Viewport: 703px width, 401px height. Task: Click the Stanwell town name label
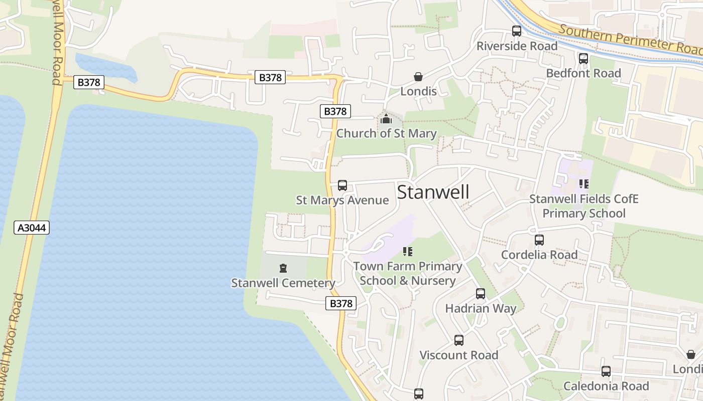click(433, 192)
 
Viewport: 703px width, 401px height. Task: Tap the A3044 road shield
click(32, 228)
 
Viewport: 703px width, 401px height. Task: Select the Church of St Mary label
click(386, 133)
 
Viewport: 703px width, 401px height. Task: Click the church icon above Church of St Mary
click(386, 119)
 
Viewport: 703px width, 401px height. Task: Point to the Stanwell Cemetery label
click(283, 283)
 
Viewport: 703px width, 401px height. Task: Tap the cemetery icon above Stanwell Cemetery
click(283, 268)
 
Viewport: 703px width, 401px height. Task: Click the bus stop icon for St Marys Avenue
click(342, 185)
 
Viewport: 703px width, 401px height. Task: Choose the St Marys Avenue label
click(342, 200)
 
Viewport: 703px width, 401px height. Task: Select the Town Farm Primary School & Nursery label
click(407, 273)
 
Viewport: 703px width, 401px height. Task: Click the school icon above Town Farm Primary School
click(407, 251)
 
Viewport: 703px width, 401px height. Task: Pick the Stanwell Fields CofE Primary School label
click(583, 206)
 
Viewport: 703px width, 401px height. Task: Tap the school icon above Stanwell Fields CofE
click(583, 184)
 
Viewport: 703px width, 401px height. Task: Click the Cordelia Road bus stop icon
click(539, 240)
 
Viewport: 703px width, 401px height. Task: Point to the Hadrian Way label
click(481, 308)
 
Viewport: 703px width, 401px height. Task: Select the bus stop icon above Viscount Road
click(458, 340)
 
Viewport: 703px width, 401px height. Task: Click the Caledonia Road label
click(606, 386)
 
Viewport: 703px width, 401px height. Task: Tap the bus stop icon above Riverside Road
click(517, 31)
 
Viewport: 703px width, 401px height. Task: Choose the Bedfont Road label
click(583, 73)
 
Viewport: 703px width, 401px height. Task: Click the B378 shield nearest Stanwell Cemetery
click(340, 303)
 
